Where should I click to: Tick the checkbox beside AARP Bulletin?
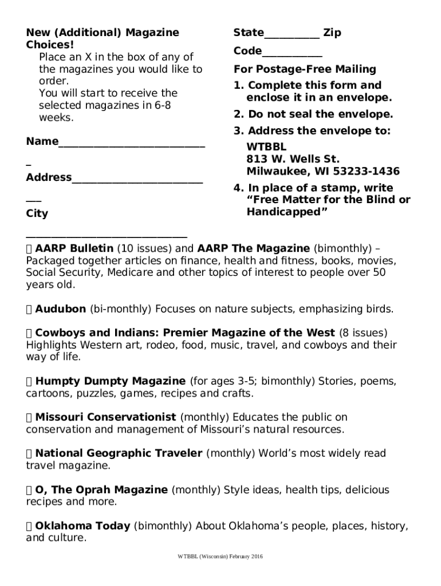[x=29, y=249]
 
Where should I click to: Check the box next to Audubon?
[x=29, y=310]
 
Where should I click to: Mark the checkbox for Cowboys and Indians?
[x=29, y=333]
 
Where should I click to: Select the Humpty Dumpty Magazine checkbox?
[x=29, y=381]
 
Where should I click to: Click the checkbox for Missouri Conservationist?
[x=29, y=418]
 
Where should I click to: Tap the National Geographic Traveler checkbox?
[x=29, y=454]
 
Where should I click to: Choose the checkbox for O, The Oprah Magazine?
[x=29, y=490]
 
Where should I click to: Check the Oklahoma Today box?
[x=29, y=526]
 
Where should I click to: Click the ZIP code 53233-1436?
[x=369, y=172]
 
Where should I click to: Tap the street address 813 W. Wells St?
[x=293, y=159]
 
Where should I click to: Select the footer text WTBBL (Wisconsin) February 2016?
[x=220, y=557]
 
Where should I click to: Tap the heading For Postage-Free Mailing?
[x=305, y=70]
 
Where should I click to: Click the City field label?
[x=37, y=214]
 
